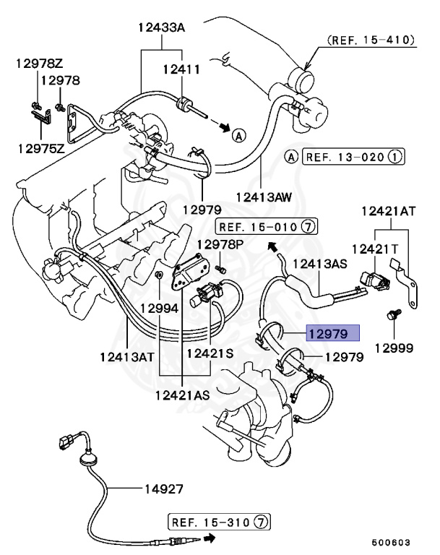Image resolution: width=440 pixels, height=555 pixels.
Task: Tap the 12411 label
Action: tap(181, 69)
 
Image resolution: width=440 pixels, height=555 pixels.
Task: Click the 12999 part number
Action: tap(394, 348)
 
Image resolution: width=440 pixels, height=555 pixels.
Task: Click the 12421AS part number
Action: tap(182, 395)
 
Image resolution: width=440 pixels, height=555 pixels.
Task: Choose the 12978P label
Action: tap(220, 245)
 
